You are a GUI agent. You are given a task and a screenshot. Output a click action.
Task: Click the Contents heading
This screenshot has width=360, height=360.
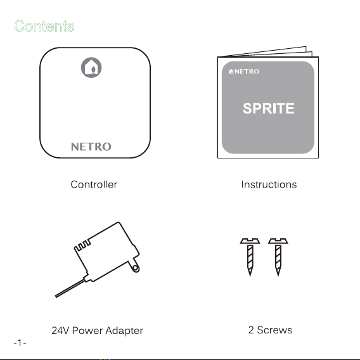point(44,26)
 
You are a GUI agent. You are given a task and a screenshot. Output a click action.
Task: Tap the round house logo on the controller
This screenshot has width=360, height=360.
point(91,67)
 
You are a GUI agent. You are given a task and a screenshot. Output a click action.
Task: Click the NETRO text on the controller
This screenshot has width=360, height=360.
point(91,146)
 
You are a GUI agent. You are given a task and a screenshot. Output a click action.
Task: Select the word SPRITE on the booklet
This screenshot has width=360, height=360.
point(268,108)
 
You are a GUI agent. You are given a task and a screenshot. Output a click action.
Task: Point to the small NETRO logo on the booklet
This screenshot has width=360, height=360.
point(244,72)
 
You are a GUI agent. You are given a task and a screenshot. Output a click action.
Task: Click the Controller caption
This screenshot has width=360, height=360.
point(94,184)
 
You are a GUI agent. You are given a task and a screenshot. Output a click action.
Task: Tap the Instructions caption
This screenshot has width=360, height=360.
point(269,184)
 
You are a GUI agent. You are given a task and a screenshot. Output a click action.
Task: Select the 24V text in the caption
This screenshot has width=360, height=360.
point(60,331)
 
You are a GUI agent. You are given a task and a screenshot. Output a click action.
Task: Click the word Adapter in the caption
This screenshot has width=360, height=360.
point(124,331)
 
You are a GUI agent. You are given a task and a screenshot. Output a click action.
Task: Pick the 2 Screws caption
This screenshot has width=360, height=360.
point(270,330)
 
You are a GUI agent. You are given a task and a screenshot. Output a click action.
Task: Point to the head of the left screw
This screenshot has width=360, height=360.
point(250,241)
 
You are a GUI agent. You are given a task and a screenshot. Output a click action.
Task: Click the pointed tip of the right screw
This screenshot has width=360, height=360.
point(278,276)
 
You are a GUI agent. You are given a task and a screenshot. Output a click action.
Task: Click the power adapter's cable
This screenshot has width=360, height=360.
point(70,288)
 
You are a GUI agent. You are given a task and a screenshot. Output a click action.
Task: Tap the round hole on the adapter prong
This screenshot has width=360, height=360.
point(136,268)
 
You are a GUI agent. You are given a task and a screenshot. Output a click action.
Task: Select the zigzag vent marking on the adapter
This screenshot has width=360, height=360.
point(82,246)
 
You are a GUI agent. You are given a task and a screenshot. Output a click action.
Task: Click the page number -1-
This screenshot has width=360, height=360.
point(20,343)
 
